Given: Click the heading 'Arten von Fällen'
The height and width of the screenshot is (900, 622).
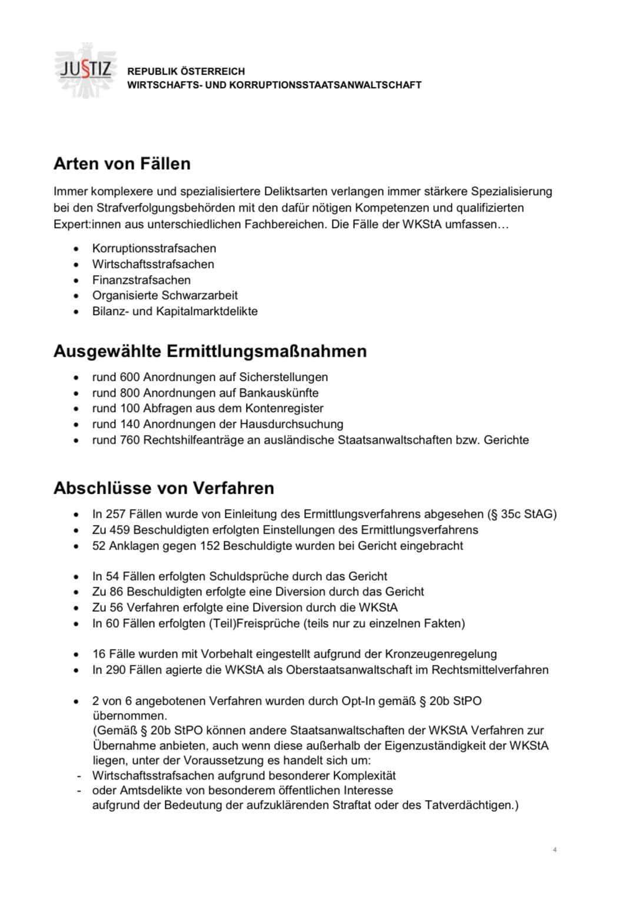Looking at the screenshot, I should [x=122, y=163].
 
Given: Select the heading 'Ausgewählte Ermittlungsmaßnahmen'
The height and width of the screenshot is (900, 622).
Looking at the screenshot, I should [x=209, y=352].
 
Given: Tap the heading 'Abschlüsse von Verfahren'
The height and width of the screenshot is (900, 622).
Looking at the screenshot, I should [x=164, y=489].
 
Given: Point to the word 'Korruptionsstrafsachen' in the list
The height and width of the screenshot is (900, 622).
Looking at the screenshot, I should [x=154, y=249].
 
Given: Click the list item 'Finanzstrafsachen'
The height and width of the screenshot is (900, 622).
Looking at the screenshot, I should [x=141, y=280].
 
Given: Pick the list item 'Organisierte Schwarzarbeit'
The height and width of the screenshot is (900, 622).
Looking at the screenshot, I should [x=165, y=295].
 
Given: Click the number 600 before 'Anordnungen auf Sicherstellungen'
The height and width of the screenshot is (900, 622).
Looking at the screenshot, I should [x=129, y=377].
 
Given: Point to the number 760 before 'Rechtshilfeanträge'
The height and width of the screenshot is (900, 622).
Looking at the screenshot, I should [x=129, y=440].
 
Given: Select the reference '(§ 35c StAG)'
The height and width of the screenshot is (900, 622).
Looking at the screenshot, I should [x=522, y=514].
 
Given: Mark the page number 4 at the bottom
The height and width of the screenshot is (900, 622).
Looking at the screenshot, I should [x=555, y=849].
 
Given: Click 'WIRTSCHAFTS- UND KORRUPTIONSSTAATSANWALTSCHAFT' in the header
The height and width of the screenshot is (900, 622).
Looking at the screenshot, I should [x=274, y=85].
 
